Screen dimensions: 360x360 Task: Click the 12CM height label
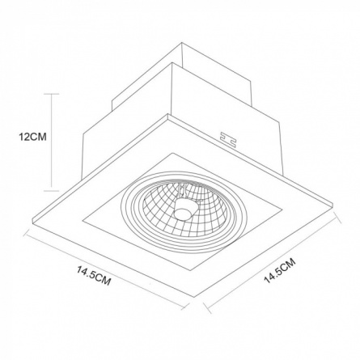pyautogui.click(x=32, y=137)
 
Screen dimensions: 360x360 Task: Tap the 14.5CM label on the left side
pyautogui.click(x=94, y=276)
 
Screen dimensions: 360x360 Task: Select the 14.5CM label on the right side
pyautogui.click(x=280, y=271)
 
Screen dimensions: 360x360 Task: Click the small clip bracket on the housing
pyautogui.click(x=228, y=140)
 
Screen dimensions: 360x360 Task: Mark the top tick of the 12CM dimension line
pyautogui.click(x=51, y=94)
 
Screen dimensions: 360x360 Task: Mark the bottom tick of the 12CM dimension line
pyautogui.click(x=51, y=190)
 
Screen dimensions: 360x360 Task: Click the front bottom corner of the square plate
pyautogui.click(x=194, y=297)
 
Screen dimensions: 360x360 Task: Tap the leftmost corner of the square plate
pyautogui.click(x=32, y=220)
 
